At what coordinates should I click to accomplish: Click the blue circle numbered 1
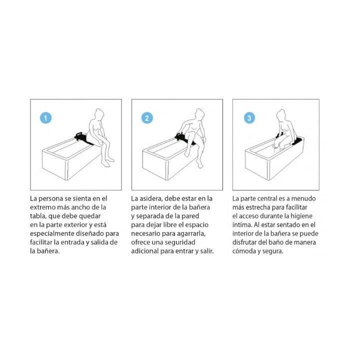(45, 118)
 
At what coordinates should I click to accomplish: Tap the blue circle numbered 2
(147, 118)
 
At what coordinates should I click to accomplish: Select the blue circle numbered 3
(249, 118)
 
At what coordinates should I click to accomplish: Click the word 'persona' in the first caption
(50, 198)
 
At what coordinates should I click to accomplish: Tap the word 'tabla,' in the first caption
(38, 216)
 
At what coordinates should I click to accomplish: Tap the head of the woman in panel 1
(99, 114)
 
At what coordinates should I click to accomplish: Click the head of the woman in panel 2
(199, 114)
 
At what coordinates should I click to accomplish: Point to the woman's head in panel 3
(280, 114)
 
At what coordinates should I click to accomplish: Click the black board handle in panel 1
(79, 134)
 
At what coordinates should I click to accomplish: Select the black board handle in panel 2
(179, 134)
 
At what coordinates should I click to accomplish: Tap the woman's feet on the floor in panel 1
(108, 162)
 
